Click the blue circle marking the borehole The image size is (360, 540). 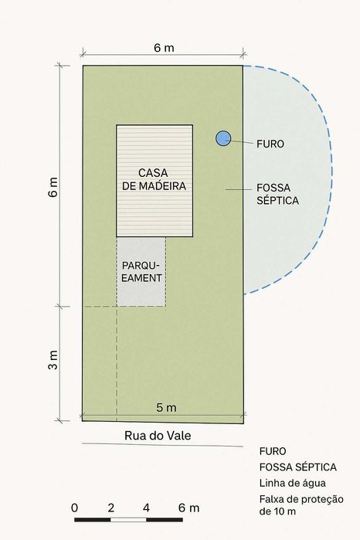pyautogui.click(x=223, y=138)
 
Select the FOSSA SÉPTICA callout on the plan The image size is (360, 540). pyautogui.click(x=277, y=193)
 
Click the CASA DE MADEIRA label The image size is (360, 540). pyautogui.click(x=154, y=178)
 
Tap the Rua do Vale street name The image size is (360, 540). pyautogui.click(x=158, y=436)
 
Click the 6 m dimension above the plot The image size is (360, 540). pyautogui.click(x=164, y=47)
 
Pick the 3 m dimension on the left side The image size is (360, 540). pyautogui.click(x=53, y=361)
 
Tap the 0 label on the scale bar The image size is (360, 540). pyautogui.click(x=74, y=508)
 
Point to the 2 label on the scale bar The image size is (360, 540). pyautogui.click(x=111, y=508)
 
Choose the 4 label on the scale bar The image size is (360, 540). pyautogui.click(x=147, y=508)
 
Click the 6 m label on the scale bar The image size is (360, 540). pyautogui.click(x=188, y=508)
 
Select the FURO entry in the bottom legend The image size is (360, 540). pyautogui.click(x=273, y=451)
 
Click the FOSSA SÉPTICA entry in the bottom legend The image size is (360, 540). pyautogui.click(x=298, y=467)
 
